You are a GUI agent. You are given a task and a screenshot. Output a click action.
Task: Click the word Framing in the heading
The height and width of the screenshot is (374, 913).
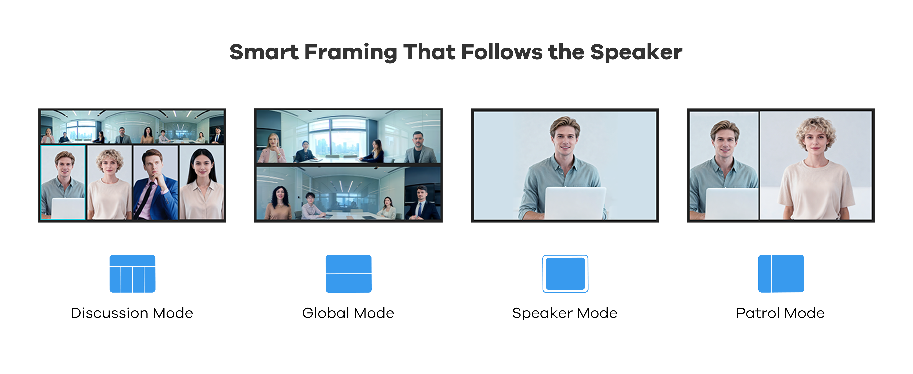[x=351, y=52]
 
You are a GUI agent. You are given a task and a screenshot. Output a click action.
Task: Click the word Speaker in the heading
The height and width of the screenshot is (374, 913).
[x=636, y=52]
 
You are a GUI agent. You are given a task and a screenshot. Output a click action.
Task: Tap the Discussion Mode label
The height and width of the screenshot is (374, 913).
[x=132, y=313]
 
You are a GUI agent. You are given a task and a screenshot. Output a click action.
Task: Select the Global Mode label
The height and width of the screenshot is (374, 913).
[x=348, y=313]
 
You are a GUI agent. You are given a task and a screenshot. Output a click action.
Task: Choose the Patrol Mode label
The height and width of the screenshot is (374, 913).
[x=780, y=313]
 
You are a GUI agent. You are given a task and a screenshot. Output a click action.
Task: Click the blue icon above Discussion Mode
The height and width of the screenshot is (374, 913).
[x=132, y=273]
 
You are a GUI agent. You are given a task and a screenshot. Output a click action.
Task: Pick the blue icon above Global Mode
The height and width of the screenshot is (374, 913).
[x=348, y=273]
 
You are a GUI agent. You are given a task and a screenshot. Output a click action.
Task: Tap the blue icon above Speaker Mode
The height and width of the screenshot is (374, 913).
[x=565, y=273]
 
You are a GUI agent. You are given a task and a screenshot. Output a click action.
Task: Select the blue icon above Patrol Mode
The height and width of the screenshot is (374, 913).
[x=781, y=273]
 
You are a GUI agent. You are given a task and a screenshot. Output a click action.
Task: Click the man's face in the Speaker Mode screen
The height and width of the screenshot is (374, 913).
[x=565, y=137]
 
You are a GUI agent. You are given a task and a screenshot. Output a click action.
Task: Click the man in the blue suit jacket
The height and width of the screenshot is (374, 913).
[x=155, y=184]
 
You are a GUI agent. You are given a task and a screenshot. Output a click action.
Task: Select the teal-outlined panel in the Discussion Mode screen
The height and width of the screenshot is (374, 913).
[x=63, y=182]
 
